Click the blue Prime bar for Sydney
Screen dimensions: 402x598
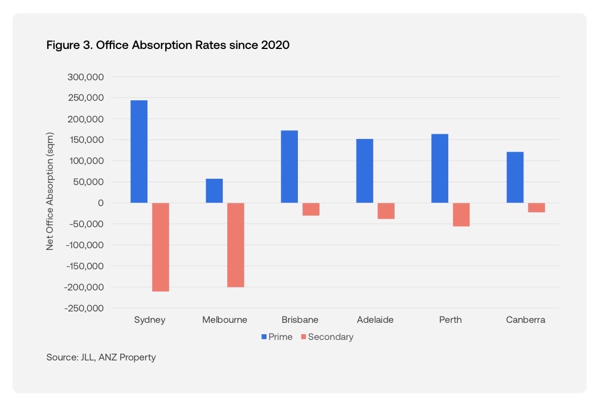click(x=139, y=151)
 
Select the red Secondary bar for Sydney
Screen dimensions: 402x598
click(x=161, y=247)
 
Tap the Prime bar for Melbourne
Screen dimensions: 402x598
click(x=214, y=191)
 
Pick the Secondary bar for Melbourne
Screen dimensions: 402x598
click(x=236, y=245)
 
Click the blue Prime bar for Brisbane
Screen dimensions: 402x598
click(x=289, y=167)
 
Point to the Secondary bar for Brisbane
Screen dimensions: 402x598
click(x=311, y=210)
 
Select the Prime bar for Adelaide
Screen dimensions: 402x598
click(x=364, y=171)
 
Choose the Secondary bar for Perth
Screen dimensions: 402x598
click(x=461, y=215)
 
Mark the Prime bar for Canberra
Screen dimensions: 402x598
click(x=515, y=177)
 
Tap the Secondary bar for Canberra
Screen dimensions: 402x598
click(x=536, y=208)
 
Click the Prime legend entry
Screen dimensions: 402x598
click(x=277, y=337)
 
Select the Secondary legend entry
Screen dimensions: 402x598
click(x=327, y=337)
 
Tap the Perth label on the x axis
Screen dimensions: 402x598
click(x=450, y=319)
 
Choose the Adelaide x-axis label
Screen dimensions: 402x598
click(x=375, y=319)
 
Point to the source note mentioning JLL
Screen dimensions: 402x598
click(x=101, y=358)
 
